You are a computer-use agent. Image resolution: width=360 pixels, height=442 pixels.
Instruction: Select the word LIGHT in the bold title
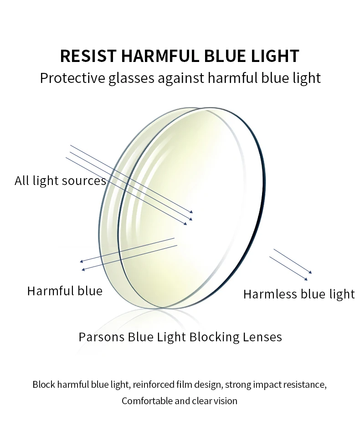pyautogui.click(x=275, y=56)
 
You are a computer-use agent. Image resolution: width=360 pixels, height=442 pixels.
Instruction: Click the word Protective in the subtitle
pyautogui.click(x=72, y=78)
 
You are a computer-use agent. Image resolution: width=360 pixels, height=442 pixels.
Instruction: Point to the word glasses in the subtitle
pyautogui.click(x=132, y=78)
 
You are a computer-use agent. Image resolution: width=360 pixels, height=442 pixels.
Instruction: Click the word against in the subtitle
pyautogui.click(x=181, y=78)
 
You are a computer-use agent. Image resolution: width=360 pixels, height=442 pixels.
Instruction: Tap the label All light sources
pyautogui.click(x=60, y=181)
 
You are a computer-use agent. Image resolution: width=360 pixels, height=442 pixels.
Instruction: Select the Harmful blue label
pyautogui.click(x=65, y=291)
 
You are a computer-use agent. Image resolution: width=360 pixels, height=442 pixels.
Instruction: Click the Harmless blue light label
pyautogui.click(x=298, y=294)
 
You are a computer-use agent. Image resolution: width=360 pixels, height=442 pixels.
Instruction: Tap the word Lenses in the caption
pyautogui.click(x=263, y=337)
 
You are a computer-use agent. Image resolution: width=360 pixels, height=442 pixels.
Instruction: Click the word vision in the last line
pyautogui.click(x=226, y=401)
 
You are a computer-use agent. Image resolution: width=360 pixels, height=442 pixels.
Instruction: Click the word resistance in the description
pyautogui.click(x=305, y=385)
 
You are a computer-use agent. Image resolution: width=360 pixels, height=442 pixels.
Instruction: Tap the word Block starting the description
pyautogui.click(x=44, y=385)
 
